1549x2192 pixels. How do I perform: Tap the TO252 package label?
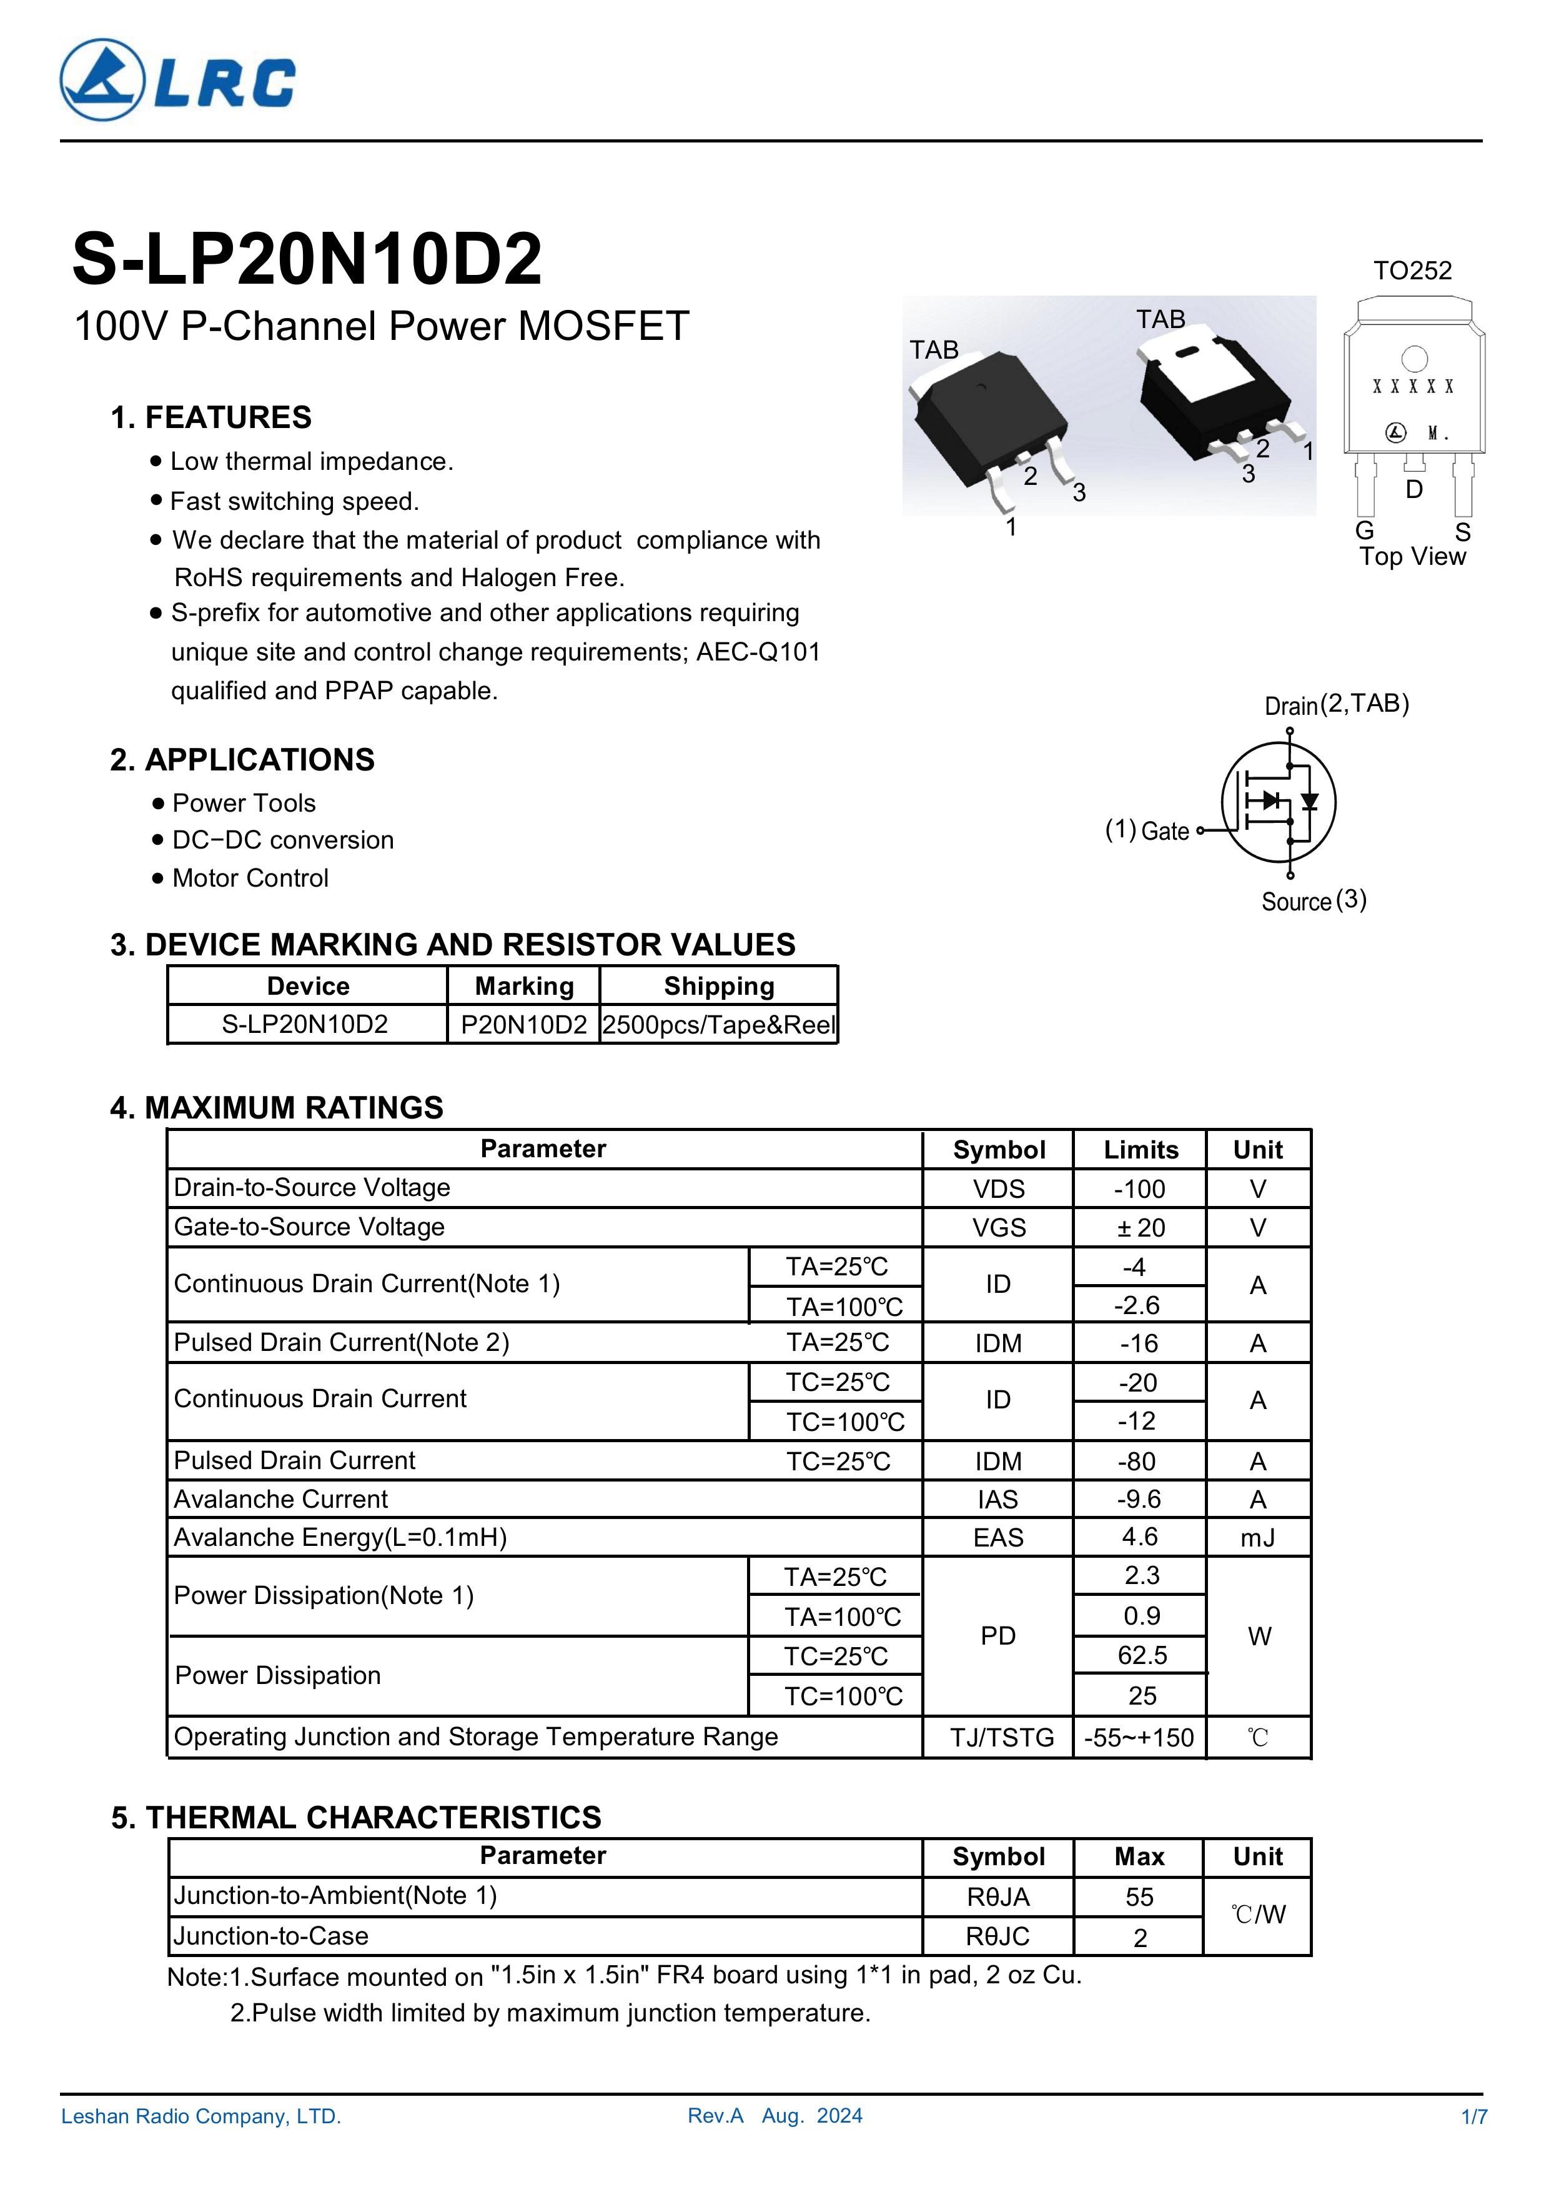click(1412, 271)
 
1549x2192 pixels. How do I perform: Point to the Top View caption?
click(1412, 557)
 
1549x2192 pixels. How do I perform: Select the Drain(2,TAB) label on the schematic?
click(1335, 705)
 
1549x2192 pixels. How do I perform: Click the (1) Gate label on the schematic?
click(1147, 830)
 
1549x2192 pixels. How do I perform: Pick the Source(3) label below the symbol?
click(1314, 900)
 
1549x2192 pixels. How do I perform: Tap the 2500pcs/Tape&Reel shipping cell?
click(719, 1024)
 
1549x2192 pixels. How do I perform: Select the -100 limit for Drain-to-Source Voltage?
click(1139, 1188)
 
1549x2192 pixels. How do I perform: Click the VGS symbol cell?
click(998, 1228)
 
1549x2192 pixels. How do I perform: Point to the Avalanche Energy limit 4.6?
click(1139, 1537)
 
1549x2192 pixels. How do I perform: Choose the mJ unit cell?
click(1258, 1537)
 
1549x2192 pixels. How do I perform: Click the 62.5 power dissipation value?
click(1142, 1655)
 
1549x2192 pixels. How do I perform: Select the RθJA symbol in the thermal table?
click(998, 1897)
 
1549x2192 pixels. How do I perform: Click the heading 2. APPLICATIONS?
click(242, 760)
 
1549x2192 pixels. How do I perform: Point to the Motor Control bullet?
click(250, 879)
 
